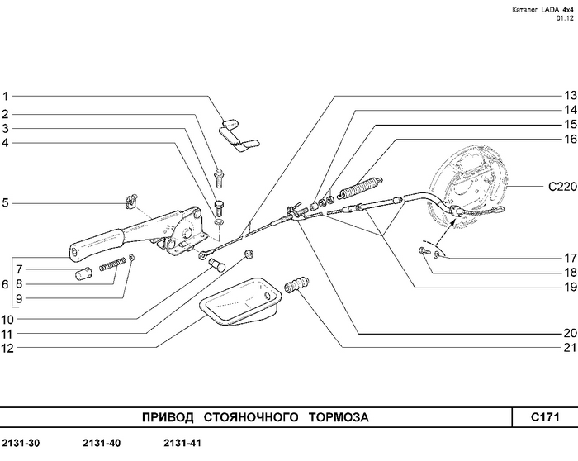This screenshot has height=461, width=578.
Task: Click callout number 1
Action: pyautogui.click(x=5, y=95)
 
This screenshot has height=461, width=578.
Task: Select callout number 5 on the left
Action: pyautogui.click(x=5, y=202)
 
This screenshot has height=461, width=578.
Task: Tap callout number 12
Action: pyautogui.click(x=7, y=348)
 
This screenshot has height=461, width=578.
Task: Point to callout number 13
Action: pyautogui.click(x=569, y=95)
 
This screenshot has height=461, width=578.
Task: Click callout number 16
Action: pyautogui.click(x=569, y=139)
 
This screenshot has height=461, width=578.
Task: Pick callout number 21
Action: pyautogui.click(x=569, y=348)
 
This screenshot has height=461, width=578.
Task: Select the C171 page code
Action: pyautogui.click(x=545, y=417)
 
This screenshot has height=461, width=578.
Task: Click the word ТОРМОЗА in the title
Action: pyautogui.click(x=339, y=417)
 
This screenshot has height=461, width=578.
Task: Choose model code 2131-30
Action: pyautogui.click(x=21, y=444)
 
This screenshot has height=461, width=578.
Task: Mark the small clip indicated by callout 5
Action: pyautogui.click(x=131, y=200)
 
